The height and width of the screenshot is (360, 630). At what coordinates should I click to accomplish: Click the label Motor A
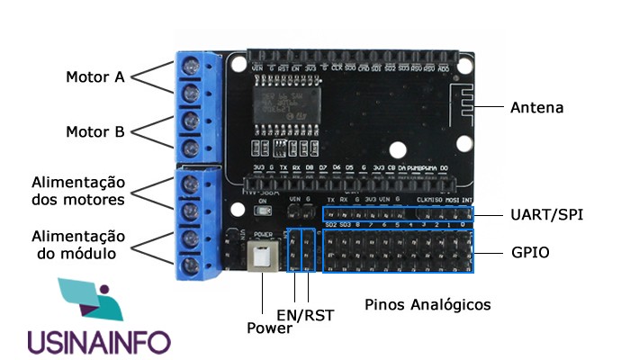coord(94,76)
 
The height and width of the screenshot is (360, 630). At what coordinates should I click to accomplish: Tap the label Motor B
coord(94,132)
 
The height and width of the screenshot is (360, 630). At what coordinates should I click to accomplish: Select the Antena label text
coord(536,107)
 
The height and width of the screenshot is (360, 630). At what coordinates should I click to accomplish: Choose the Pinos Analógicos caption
coord(427,304)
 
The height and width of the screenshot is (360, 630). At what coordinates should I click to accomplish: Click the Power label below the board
coord(269,328)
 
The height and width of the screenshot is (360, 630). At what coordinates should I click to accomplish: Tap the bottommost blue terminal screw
coord(191,265)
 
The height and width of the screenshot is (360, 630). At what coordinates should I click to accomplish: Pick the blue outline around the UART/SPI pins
coord(397,215)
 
